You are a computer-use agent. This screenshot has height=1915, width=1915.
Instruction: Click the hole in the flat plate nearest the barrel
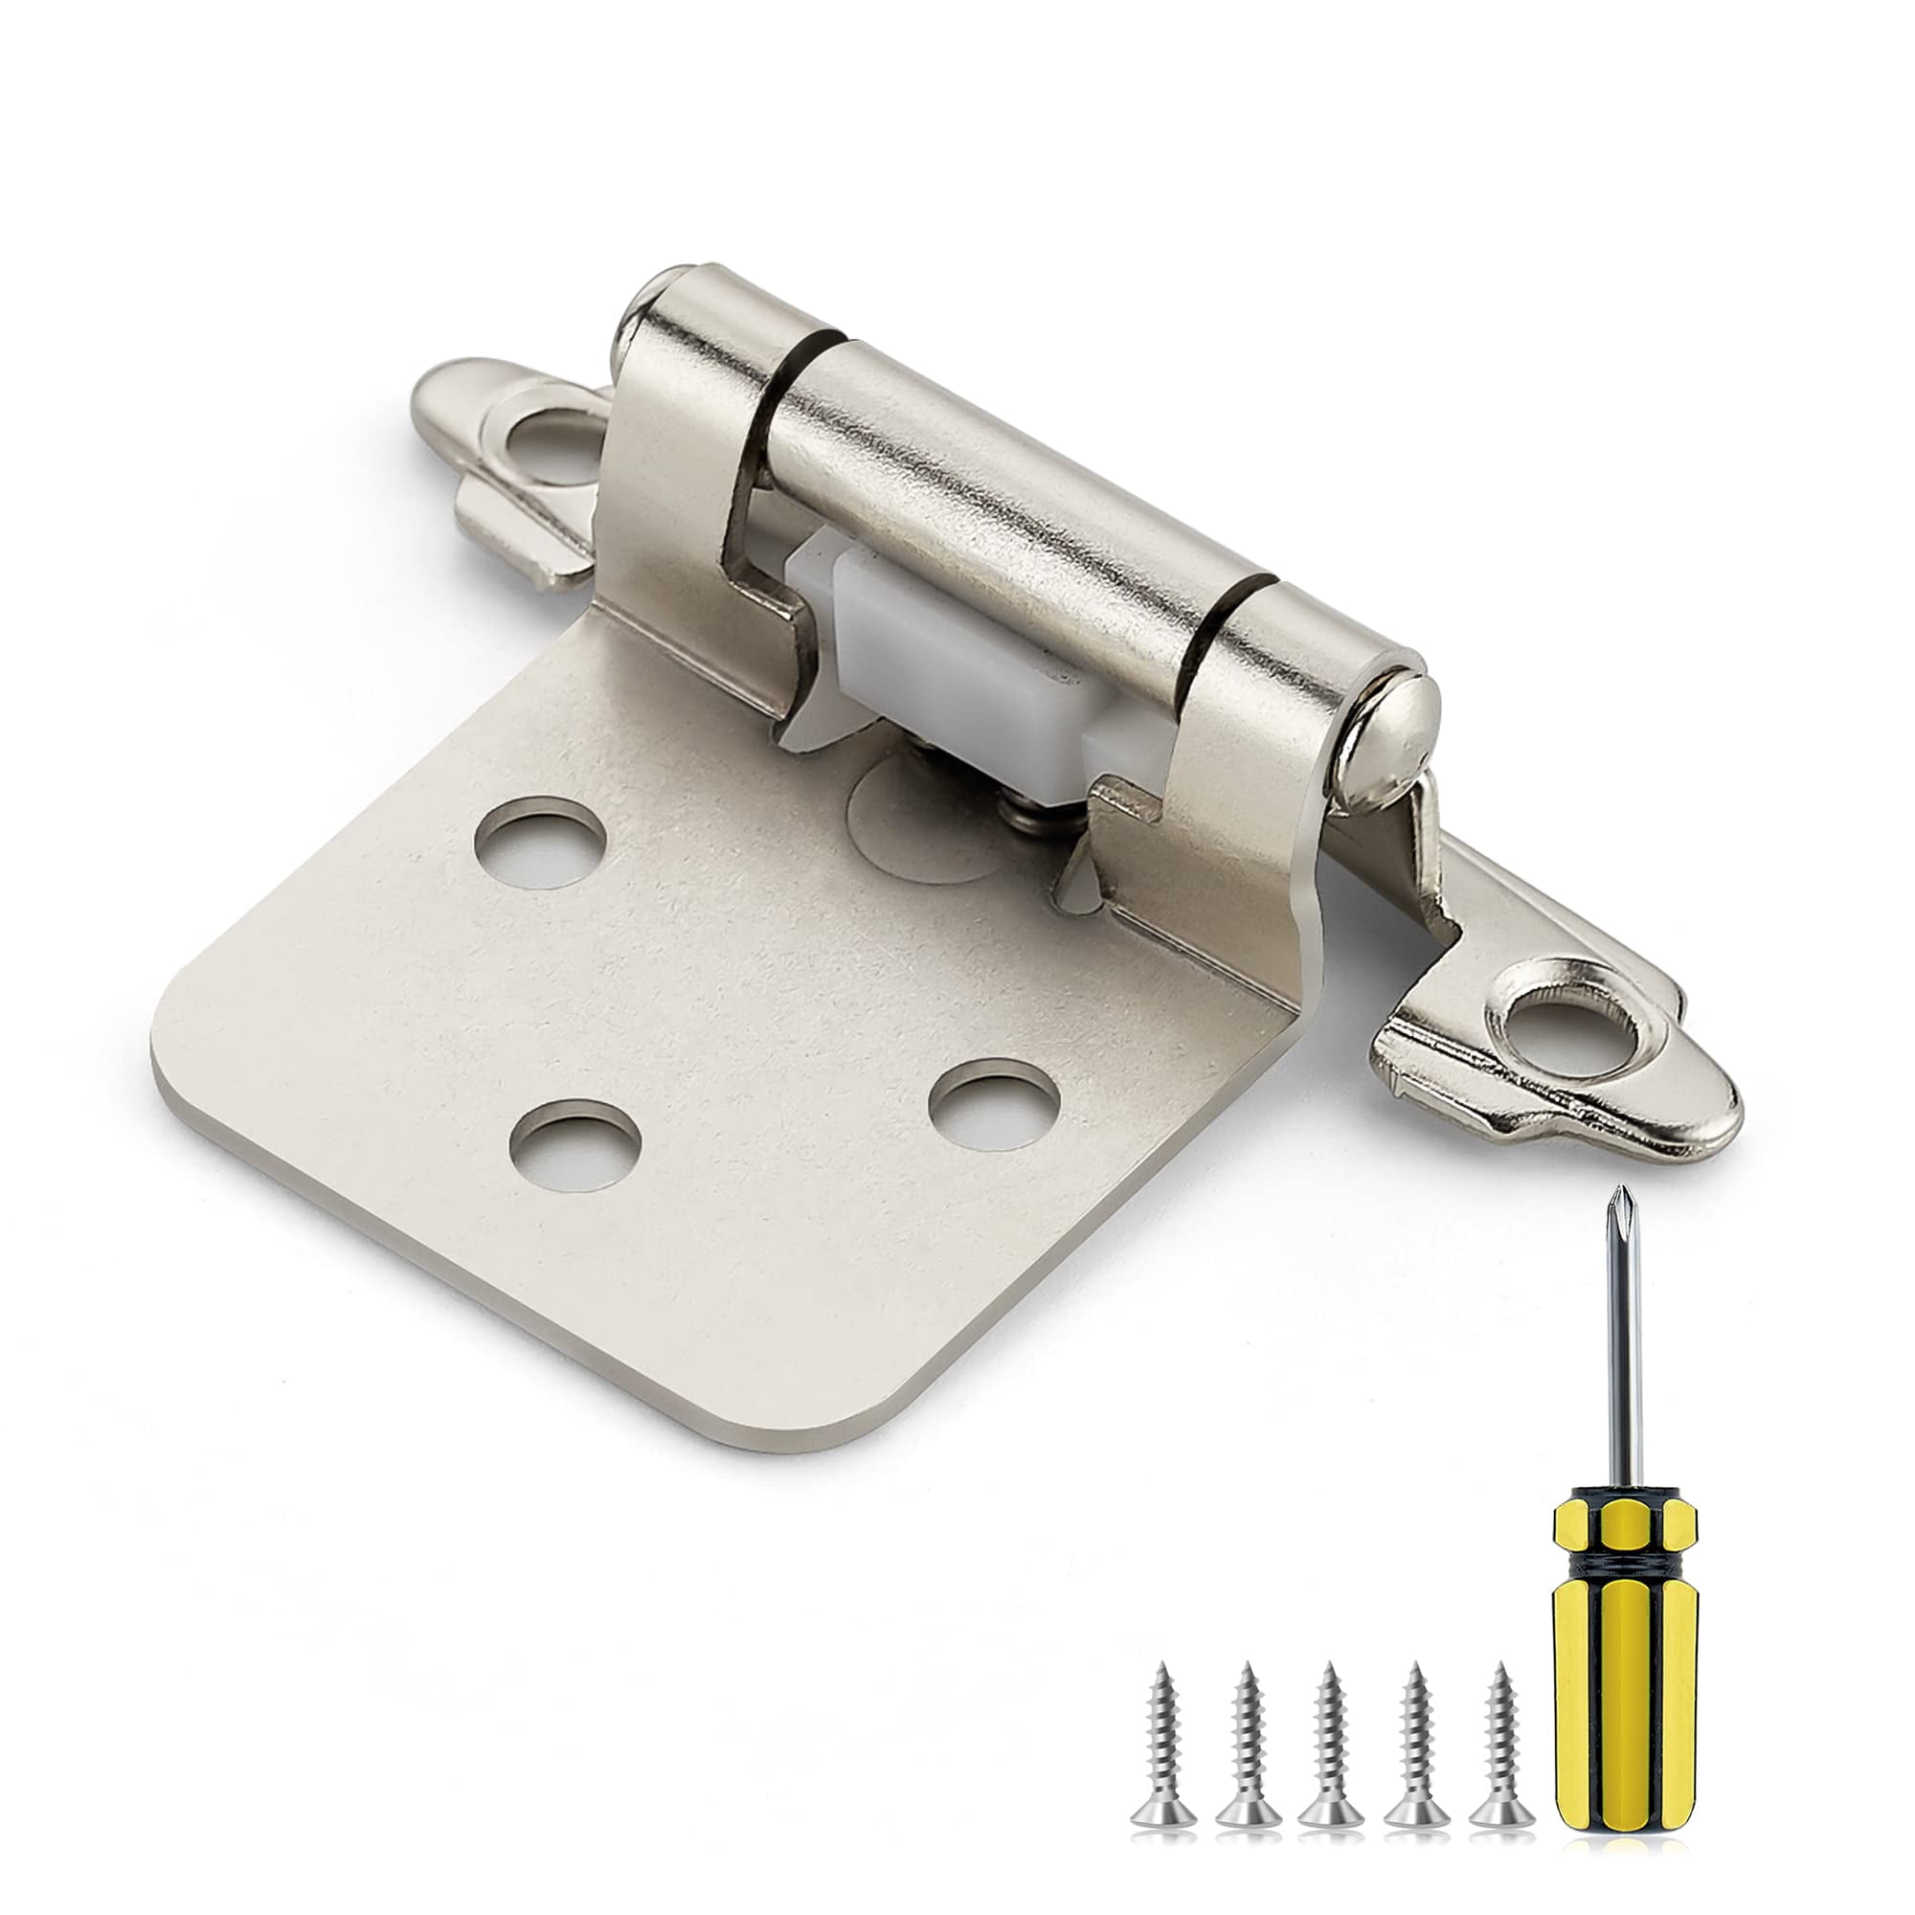click(x=540, y=847)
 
